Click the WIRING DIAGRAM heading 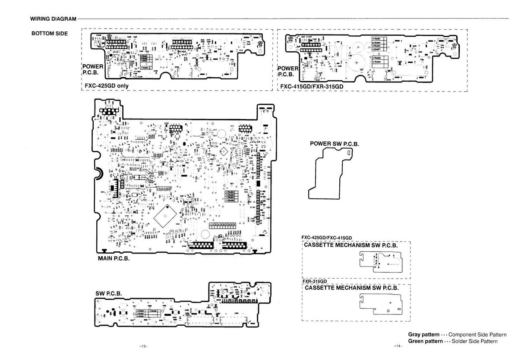(x=53, y=19)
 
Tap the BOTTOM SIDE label (x=50, y=33)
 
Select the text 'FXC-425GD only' (x=107, y=85)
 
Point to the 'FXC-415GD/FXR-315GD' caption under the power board (x=312, y=86)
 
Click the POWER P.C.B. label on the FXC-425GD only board (x=92, y=69)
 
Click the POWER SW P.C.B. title (x=334, y=144)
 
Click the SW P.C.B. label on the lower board (x=108, y=294)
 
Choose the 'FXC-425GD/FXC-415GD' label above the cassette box (x=327, y=238)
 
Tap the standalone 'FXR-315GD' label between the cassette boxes (x=316, y=281)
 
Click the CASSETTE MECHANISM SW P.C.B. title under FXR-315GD (x=351, y=288)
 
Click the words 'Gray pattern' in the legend (x=423, y=335)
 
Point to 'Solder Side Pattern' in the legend (x=473, y=341)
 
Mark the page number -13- (x=144, y=347)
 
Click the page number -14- (x=398, y=347)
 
